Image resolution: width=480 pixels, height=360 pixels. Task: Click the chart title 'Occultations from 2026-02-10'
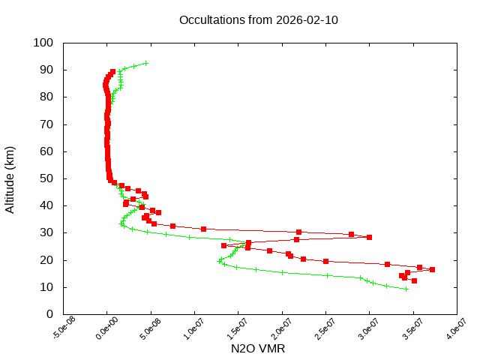click(x=259, y=19)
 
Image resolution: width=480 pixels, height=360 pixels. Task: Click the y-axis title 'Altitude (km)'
click(x=10, y=179)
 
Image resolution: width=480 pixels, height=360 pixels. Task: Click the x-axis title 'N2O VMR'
click(x=258, y=349)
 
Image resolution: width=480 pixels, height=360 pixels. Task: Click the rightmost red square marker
click(x=432, y=270)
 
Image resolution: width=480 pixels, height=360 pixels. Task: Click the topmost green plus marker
click(x=146, y=63)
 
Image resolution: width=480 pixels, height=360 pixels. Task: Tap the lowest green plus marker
click(x=406, y=289)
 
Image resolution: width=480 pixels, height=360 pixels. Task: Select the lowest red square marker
click(x=414, y=280)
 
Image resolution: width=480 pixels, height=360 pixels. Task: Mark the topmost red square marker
click(x=112, y=72)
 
